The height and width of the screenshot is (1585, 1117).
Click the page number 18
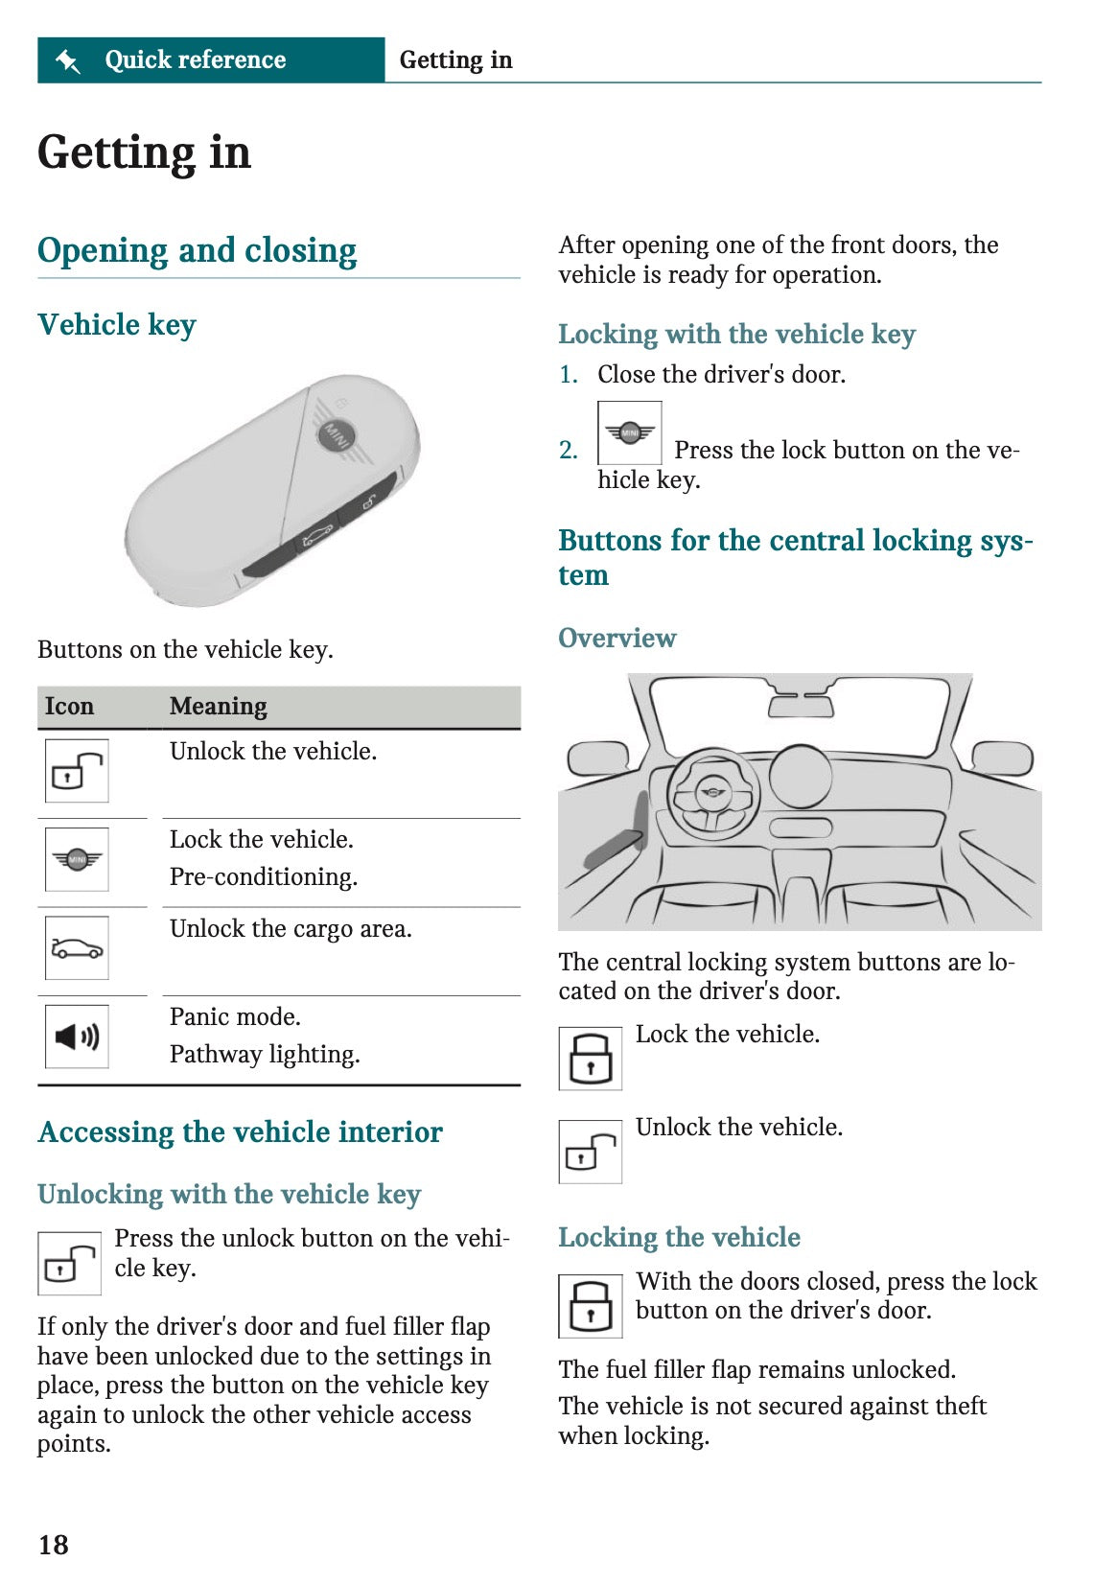pyautogui.click(x=54, y=1544)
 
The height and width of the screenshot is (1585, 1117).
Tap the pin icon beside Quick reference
pyautogui.click(x=68, y=60)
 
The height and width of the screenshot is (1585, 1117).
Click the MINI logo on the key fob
pyautogui.click(x=336, y=436)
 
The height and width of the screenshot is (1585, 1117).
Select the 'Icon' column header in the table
pyautogui.click(x=69, y=707)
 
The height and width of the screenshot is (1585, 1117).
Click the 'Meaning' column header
pyautogui.click(x=218, y=707)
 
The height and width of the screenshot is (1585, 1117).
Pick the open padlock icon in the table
pyautogui.click(x=77, y=770)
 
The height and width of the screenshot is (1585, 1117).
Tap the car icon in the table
pyautogui.click(x=77, y=948)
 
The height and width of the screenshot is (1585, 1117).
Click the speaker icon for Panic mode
pyautogui.click(x=77, y=1037)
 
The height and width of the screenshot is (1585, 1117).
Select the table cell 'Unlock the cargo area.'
pyautogui.click(x=291, y=929)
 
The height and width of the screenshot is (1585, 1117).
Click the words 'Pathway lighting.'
pyautogui.click(x=265, y=1055)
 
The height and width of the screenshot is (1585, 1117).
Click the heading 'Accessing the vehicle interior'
pyautogui.click(x=240, y=1132)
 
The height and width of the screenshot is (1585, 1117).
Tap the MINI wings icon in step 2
pyautogui.click(x=629, y=433)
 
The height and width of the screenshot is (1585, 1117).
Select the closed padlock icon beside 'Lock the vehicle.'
pyautogui.click(x=590, y=1059)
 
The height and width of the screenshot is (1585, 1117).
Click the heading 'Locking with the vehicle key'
pyautogui.click(x=736, y=335)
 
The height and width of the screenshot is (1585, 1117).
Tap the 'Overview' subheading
pyautogui.click(x=617, y=639)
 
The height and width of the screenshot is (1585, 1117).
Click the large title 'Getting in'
pyautogui.click(x=144, y=153)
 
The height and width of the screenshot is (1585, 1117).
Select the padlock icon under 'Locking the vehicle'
pyautogui.click(x=590, y=1306)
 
